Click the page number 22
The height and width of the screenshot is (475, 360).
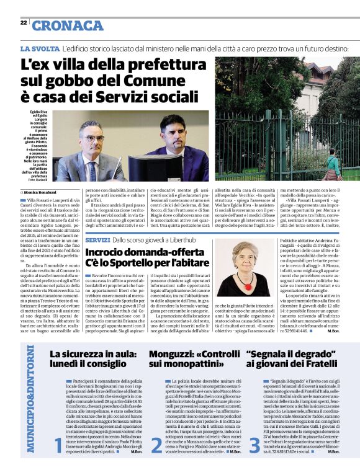click(23, 23)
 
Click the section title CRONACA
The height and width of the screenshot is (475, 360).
click(68, 25)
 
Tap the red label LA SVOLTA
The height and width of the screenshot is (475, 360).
click(38, 48)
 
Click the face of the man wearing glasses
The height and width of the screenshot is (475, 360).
click(92, 136)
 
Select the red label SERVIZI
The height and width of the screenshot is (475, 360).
click(97, 239)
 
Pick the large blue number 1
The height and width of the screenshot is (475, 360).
click(58, 444)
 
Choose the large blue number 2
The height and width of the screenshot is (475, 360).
click(156, 444)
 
